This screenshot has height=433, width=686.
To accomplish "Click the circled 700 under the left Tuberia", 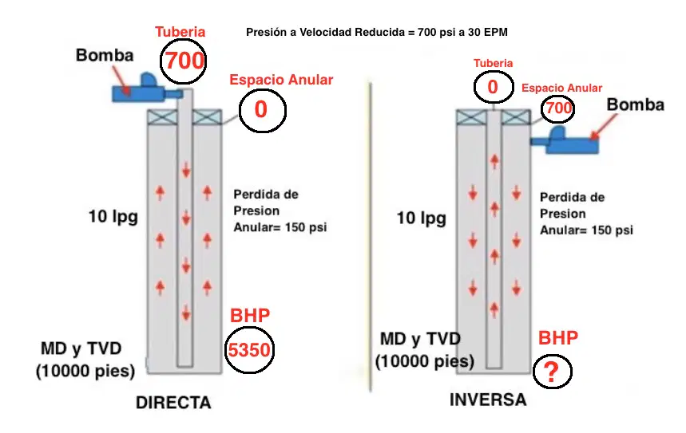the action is [184, 61].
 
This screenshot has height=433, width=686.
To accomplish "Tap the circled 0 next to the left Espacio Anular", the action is [262, 110].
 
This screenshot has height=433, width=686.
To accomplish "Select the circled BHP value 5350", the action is [249, 350].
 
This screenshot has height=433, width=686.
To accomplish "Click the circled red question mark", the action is [552, 372].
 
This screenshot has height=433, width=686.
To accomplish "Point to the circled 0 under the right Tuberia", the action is [493, 87].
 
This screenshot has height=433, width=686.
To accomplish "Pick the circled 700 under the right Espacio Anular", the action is [557, 108].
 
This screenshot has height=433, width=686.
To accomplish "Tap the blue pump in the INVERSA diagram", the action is [565, 140].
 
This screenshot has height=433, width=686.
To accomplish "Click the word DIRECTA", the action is [173, 403].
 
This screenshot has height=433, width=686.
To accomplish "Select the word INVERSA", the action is [488, 400].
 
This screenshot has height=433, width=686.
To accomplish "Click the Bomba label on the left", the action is [105, 56].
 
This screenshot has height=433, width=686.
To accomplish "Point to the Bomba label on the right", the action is [635, 104].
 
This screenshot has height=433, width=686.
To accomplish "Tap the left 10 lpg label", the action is [113, 217].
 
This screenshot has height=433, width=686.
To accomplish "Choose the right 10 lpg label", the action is [422, 218].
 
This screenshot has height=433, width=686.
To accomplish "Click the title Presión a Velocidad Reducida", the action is [324, 33].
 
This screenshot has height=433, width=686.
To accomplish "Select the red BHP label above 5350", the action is [250, 315].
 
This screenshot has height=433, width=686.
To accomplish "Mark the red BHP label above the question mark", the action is [557, 338].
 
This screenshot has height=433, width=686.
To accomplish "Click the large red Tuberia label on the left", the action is [180, 31].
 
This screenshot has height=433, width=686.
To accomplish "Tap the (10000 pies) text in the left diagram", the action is [85, 371].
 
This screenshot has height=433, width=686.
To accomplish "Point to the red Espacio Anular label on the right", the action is [561, 89].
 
